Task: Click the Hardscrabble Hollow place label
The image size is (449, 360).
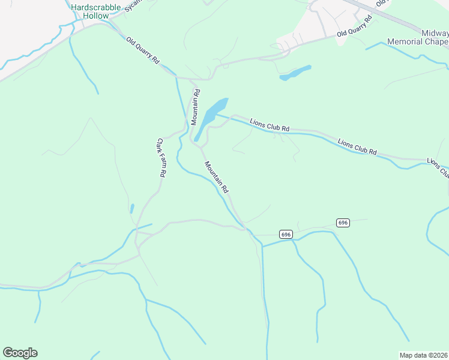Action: tap(95, 11)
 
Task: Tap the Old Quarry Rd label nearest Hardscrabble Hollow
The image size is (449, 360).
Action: tap(142, 51)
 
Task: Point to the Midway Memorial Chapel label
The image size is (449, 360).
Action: tap(418, 38)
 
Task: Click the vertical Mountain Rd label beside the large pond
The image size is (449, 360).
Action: tap(195, 107)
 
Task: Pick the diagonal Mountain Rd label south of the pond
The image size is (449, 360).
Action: tap(217, 176)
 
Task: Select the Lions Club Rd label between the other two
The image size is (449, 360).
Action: tap(357, 147)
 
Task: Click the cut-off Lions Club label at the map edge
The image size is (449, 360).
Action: tap(438, 169)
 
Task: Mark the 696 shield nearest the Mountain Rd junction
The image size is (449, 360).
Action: tap(286, 234)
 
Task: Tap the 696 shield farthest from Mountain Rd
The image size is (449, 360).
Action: tap(342, 223)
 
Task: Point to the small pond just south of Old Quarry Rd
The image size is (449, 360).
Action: tap(295, 73)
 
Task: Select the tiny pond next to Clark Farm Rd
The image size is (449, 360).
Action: tap(131, 209)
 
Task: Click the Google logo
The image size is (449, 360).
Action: tap(20, 352)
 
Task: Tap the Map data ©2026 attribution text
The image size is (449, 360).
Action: tap(423, 355)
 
